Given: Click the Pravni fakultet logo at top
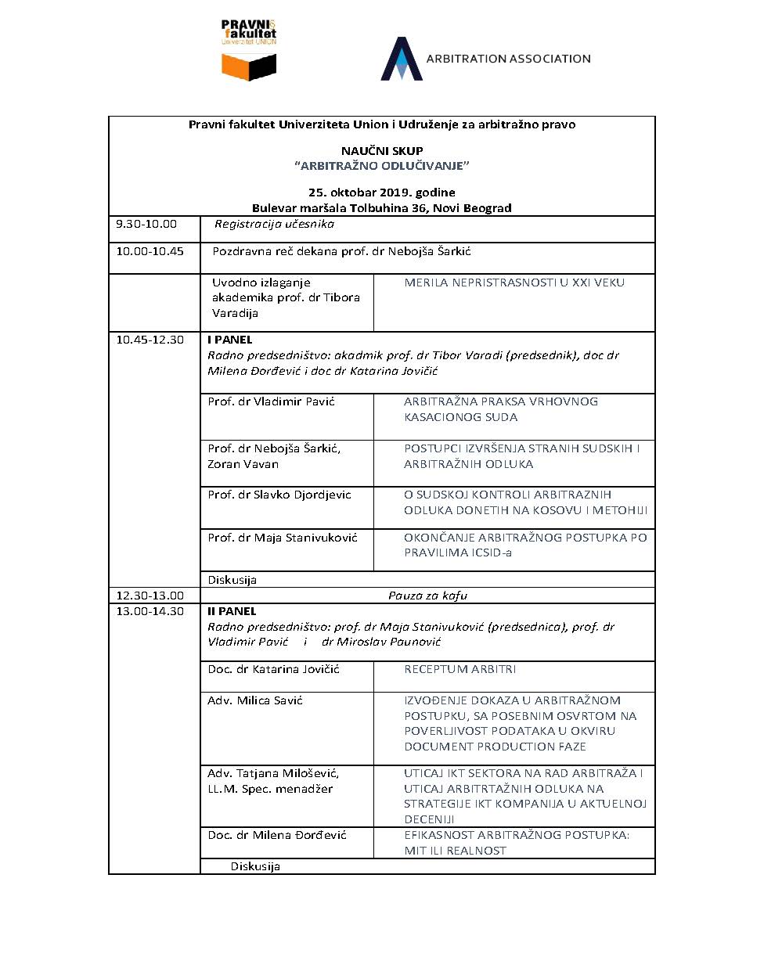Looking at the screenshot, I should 249,51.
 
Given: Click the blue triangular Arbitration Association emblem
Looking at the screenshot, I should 401,59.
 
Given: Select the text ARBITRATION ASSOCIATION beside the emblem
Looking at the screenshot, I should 508,59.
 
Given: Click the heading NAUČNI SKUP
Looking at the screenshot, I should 382,150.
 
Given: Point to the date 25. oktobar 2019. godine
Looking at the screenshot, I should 382,193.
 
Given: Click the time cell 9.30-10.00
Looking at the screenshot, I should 146,224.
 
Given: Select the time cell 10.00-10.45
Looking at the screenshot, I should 150,251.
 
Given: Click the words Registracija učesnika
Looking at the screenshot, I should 274,224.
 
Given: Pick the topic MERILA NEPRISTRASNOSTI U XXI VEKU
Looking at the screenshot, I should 514,283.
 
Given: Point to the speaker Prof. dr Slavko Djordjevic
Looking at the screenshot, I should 279,495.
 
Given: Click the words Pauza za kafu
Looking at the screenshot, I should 427,596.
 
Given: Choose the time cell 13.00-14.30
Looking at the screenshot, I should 150,611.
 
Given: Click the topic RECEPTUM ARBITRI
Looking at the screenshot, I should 459,669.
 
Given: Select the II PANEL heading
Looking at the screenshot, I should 231,611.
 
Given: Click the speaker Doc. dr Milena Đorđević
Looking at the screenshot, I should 277,835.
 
